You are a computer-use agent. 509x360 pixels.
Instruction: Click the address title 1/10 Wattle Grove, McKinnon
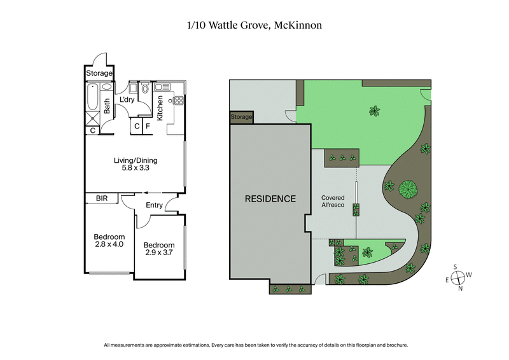(x=254, y=25)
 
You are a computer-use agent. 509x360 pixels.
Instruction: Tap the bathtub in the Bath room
(x=92, y=99)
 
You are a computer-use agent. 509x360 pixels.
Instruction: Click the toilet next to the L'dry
(x=145, y=88)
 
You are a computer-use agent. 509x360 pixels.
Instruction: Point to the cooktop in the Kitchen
(x=179, y=100)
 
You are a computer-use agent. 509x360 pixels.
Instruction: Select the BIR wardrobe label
(x=102, y=199)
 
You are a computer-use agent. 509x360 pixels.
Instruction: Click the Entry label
(x=154, y=205)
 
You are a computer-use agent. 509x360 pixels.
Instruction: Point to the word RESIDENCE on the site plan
(x=270, y=198)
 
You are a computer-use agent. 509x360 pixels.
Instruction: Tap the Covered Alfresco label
(x=333, y=202)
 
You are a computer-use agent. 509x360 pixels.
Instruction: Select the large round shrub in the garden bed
(x=407, y=189)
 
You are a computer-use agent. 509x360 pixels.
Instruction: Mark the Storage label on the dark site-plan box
(x=241, y=117)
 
